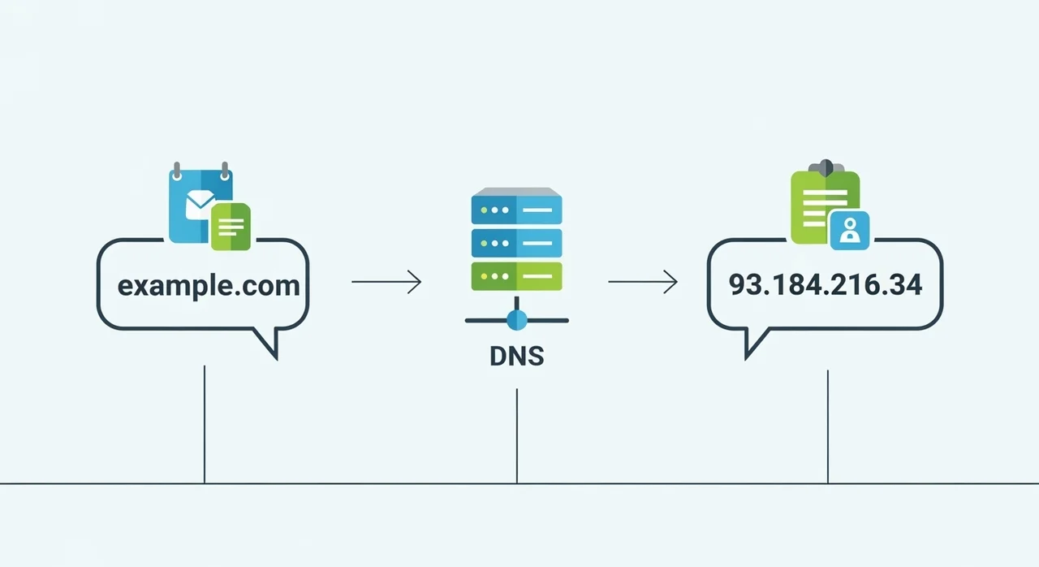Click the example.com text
tap(209, 286)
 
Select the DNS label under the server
tap(516, 357)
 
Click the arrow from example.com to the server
tap(386, 283)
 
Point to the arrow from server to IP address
tap(643, 283)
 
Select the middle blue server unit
tap(516, 242)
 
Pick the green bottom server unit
tap(516, 276)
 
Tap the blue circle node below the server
tap(516, 320)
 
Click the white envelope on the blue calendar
tap(200, 202)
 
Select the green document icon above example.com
tap(231, 227)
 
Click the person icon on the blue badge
tap(850, 231)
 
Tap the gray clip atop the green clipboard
tap(826, 167)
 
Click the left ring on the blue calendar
tap(177, 171)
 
